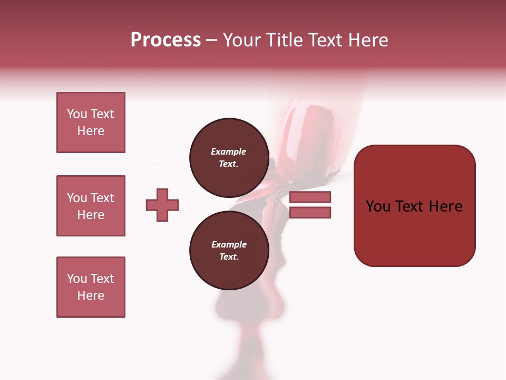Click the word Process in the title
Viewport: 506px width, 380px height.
point(166,40)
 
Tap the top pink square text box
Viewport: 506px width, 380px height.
point(91,122)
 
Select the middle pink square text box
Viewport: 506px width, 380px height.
point(91,206)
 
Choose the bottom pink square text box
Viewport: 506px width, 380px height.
point(91,287)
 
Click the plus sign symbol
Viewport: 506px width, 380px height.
point(162,205)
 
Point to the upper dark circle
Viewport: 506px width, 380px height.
point(229,157)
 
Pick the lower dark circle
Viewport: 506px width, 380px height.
point(229,250)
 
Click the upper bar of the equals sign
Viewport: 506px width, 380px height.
point(310,197)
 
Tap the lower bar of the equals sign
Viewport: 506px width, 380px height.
point(310,213)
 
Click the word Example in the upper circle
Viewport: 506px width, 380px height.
point(228,151)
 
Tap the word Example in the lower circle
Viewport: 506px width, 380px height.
point(229,244)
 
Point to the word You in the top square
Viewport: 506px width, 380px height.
point(76,114)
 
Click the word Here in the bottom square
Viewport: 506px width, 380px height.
point(91,296)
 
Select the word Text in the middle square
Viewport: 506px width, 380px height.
point(101,198)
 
